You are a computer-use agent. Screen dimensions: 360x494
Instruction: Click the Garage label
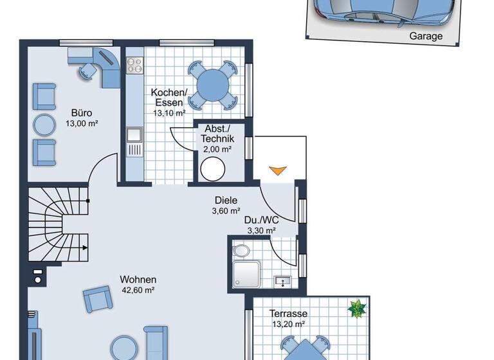click(x=426, y=36)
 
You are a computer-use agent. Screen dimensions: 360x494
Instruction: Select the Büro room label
click(x=81, y=113)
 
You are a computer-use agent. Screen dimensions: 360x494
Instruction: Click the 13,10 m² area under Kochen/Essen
click(x=169, y=113)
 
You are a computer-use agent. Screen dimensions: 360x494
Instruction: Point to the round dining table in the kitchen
click(x=213, y=84)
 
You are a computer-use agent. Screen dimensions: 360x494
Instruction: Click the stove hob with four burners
click(x=135, y=65)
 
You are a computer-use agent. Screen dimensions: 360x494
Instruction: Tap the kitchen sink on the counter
click(x=134, y=134)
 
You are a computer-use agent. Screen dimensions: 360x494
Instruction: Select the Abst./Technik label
click(x=217, y=134)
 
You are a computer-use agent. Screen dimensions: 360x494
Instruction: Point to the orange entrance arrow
click(x=276, y=170)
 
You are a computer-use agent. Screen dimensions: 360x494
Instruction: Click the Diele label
click(x=226, y=200)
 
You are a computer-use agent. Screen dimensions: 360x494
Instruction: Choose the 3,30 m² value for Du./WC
click(x=261, y=230)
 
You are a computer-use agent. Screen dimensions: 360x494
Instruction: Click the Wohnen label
click(x=138, y=280)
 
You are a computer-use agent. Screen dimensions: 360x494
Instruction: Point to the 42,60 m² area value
click(x=138, y=291)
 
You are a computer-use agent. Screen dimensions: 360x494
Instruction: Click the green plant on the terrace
click(x=356, y=309)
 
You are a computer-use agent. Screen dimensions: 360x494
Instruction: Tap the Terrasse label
click(x=288, y=314)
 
